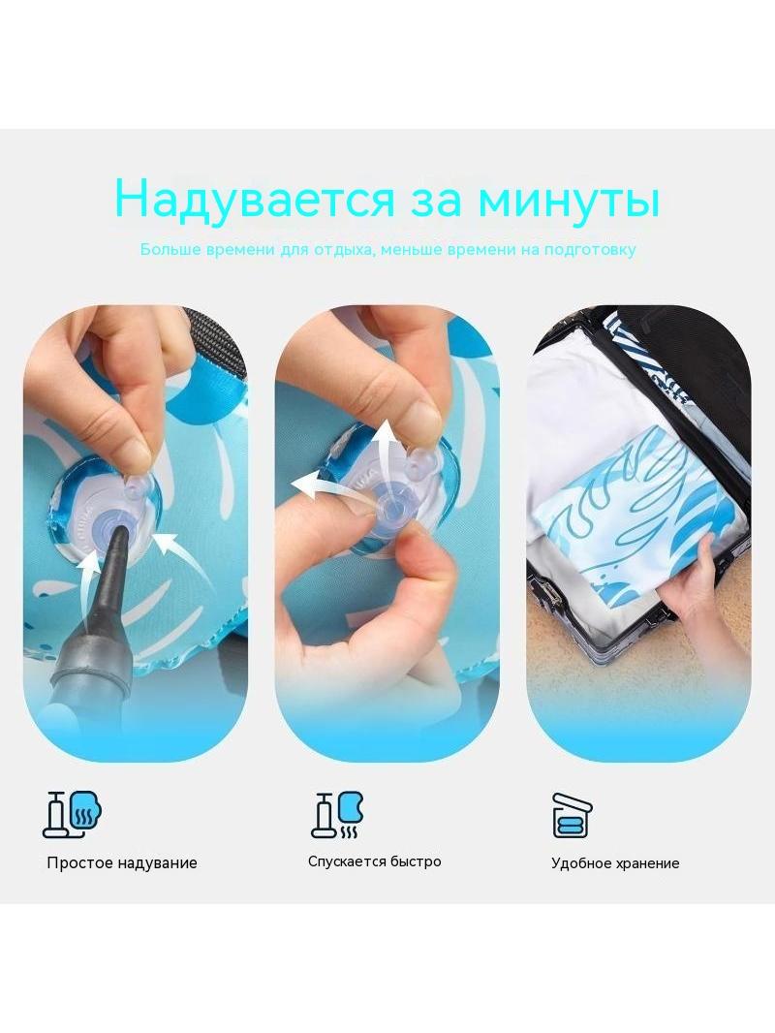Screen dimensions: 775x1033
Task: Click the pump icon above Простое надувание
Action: point(74,814)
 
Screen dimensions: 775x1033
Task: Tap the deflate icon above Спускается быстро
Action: point(337,814)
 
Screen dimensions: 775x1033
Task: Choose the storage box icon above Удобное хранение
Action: point(572,814)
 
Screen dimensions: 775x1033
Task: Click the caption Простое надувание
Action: point(122,863)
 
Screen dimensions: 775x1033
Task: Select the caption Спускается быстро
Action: point(375,861)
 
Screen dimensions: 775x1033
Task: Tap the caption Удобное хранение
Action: point(615,863)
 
